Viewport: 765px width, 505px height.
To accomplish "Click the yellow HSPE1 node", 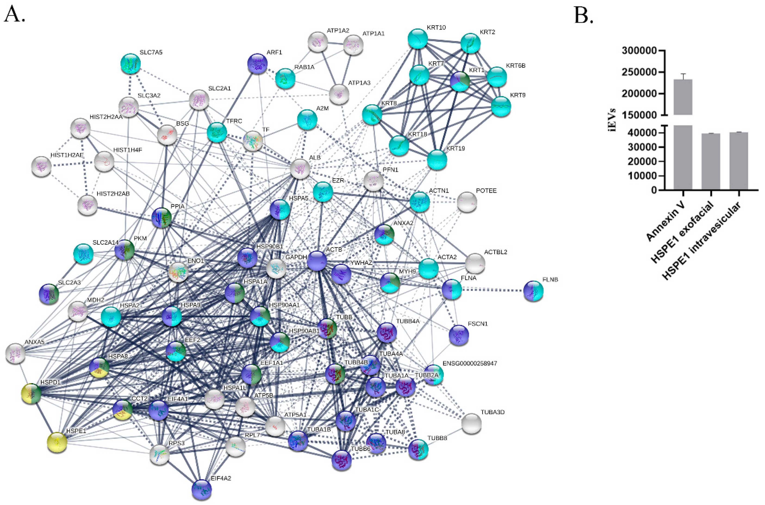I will (57, 442).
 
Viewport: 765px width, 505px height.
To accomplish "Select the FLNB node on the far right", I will (533, 291).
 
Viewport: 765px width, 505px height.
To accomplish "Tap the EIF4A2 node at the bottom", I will (201, 489).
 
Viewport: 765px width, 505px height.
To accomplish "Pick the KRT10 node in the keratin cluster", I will (418, 39).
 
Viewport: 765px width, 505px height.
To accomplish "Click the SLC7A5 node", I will (130, 64).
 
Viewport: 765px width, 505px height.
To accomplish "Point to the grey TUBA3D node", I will (471, 423).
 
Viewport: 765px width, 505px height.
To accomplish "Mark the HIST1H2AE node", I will (41, 167).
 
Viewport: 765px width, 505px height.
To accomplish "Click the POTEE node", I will (467, 202).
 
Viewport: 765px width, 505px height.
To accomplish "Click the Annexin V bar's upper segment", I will (683, 97).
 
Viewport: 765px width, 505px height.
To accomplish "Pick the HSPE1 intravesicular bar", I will (739, 161).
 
